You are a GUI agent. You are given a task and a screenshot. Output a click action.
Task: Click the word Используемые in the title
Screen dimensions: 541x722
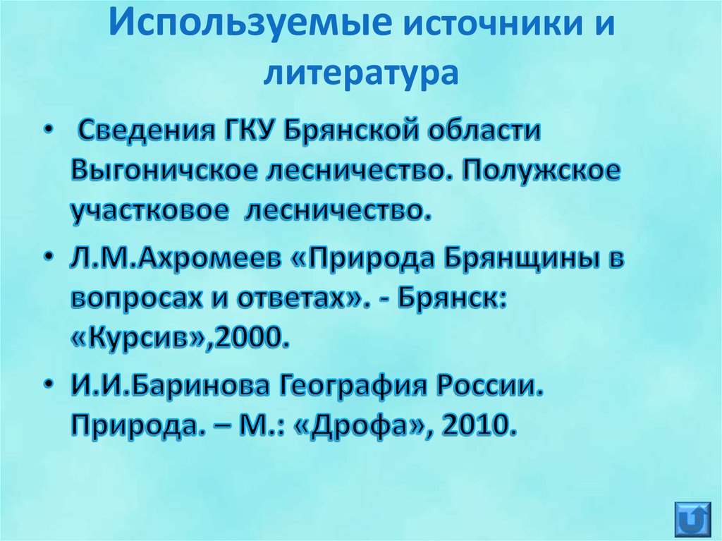pos(250,27)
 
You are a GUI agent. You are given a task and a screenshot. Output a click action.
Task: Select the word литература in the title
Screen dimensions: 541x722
pos(360,72)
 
